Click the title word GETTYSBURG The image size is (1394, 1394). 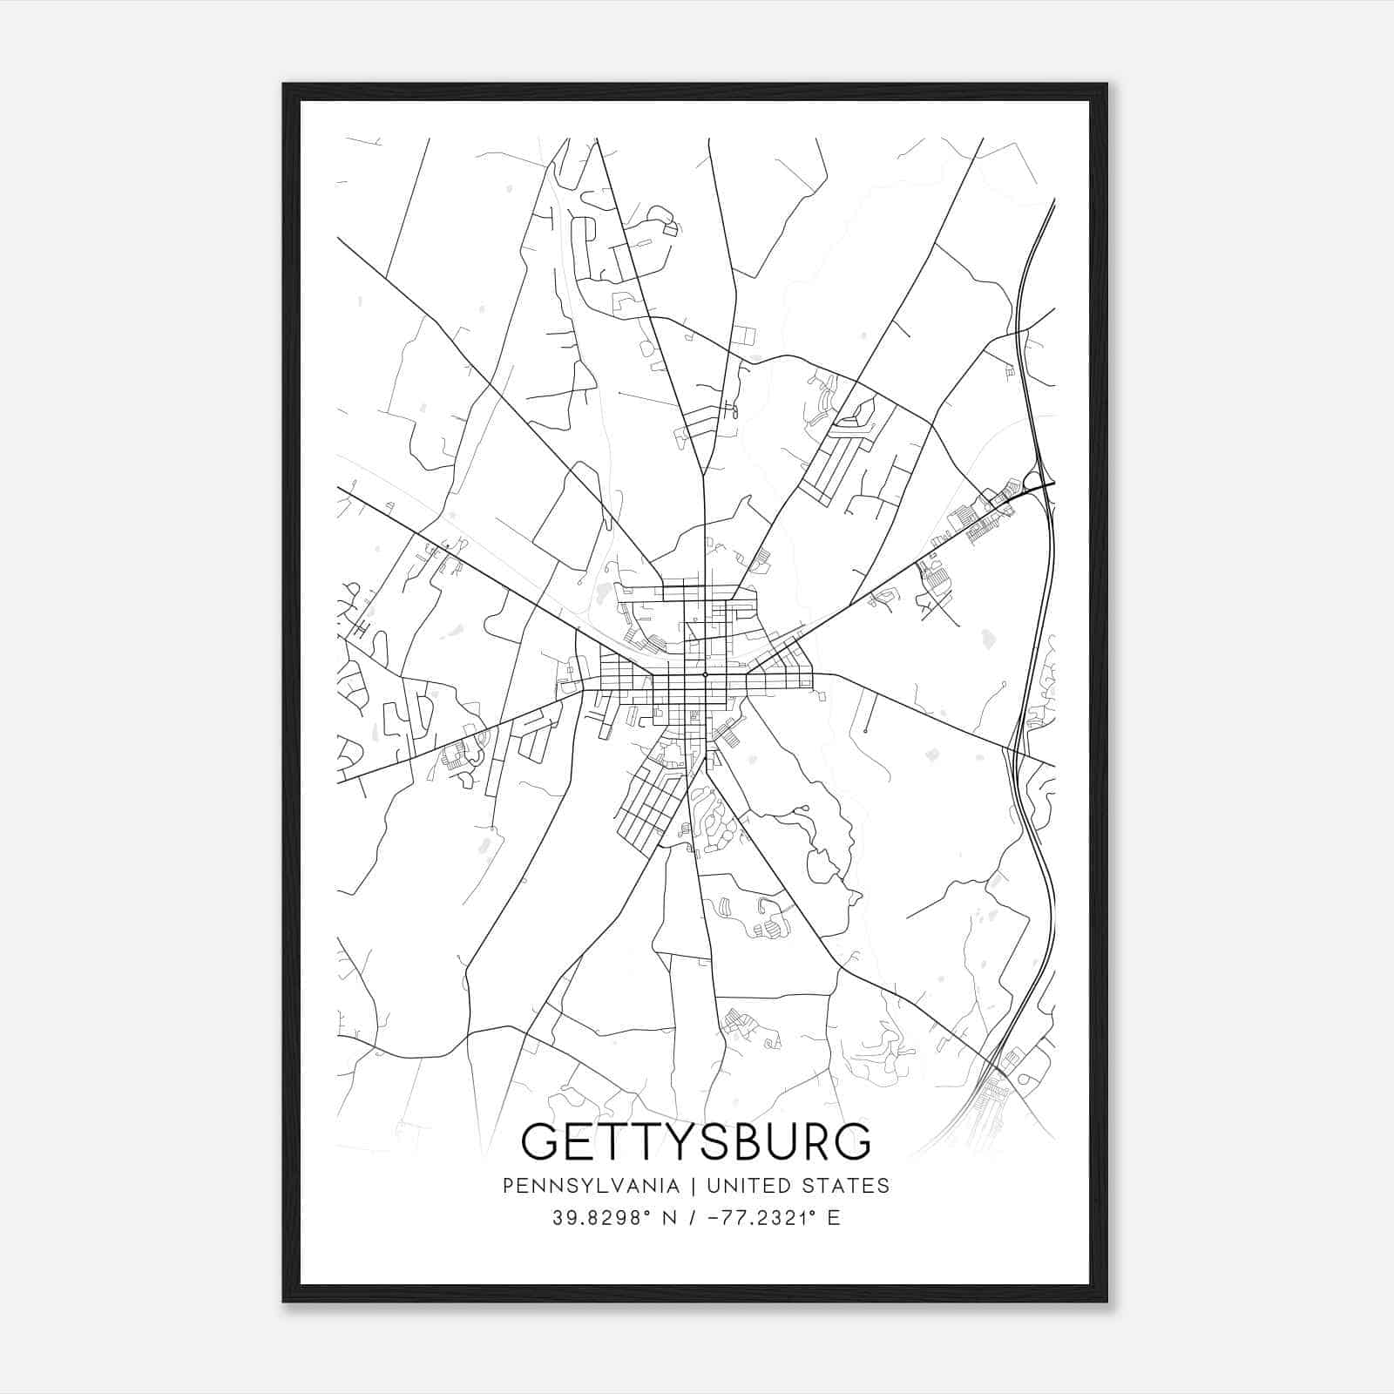[695, 1141]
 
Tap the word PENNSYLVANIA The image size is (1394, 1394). [578, 1186]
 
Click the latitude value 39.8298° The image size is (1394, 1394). [602, 1218]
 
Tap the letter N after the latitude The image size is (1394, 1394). [669, 1218]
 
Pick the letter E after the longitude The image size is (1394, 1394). [834, 1218]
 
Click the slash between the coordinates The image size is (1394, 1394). [694, 1218]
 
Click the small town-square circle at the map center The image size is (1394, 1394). [704, 674]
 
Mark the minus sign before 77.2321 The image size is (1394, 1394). [715, 1218]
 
